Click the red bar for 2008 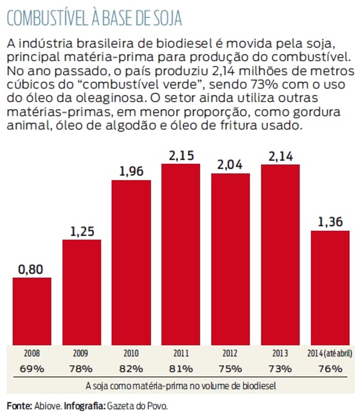point(32,311)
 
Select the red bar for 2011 point(181,254)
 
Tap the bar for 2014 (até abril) point(330,288)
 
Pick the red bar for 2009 point(82,292)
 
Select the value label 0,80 point(32,269)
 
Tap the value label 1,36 point(330,222)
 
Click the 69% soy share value point(32,368)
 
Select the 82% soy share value point(131,368)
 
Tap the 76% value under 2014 point(330,368)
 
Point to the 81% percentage point(181,368)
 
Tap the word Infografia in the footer point(84,406)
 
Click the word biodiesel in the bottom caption point(257,386)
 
